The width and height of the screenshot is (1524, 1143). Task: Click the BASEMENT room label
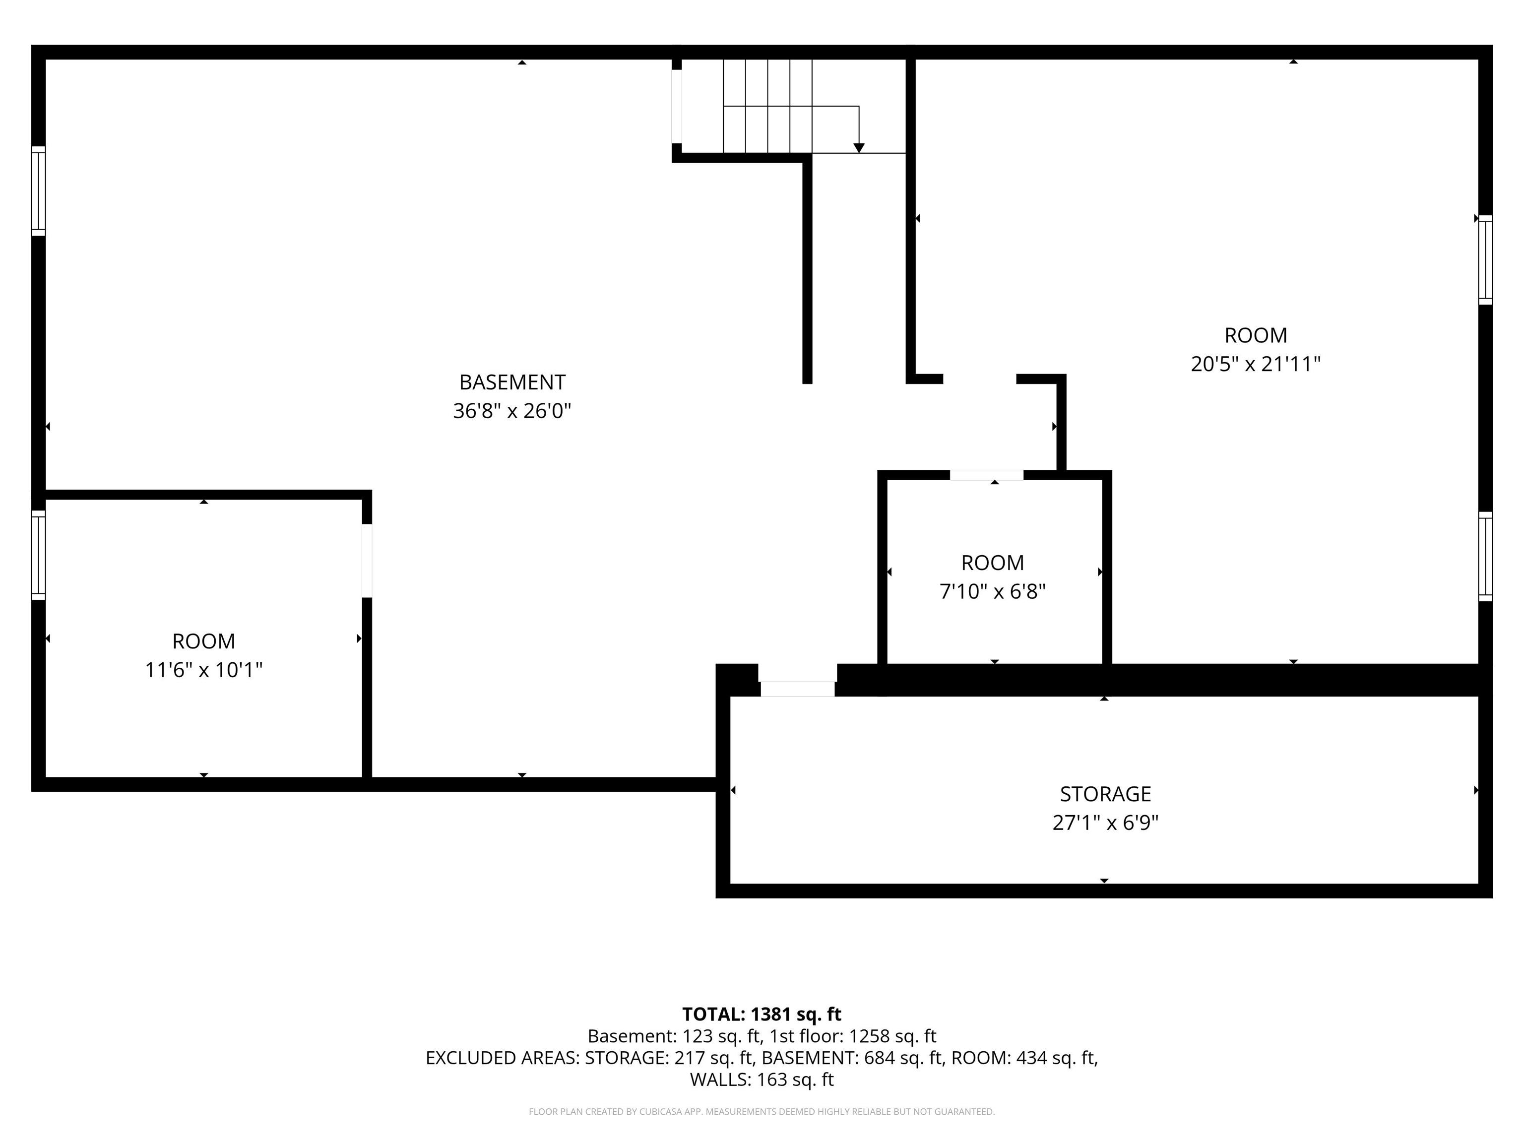coord(512,381)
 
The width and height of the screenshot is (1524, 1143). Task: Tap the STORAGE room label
coord(1105,794)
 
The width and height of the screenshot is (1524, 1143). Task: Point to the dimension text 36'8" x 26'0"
coord(512,411)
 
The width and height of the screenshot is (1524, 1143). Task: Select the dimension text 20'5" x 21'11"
coord(1255,364)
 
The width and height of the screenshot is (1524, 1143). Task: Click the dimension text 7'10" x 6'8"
coord(993,591)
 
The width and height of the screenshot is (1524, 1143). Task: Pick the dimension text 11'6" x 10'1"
coord(204,670)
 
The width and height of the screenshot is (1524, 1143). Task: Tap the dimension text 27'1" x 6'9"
coord(1105,823)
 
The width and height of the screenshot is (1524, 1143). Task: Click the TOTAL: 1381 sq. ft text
coord(762,1014)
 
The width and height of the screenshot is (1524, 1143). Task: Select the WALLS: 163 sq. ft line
coord(762,1079)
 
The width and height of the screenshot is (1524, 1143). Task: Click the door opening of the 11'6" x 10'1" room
coord(367,561)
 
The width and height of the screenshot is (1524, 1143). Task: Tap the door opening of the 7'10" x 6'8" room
coord(987,475)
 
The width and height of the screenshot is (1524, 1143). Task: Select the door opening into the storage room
coord(798,688)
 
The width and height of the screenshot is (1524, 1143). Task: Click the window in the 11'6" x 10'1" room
coord(39,555)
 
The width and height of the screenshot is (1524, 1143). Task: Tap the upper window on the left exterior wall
coord(39,191)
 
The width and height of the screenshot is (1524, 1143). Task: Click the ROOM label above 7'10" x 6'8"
coord(992,563)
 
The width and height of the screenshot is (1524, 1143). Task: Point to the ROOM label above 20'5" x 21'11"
coord(1255,335)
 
